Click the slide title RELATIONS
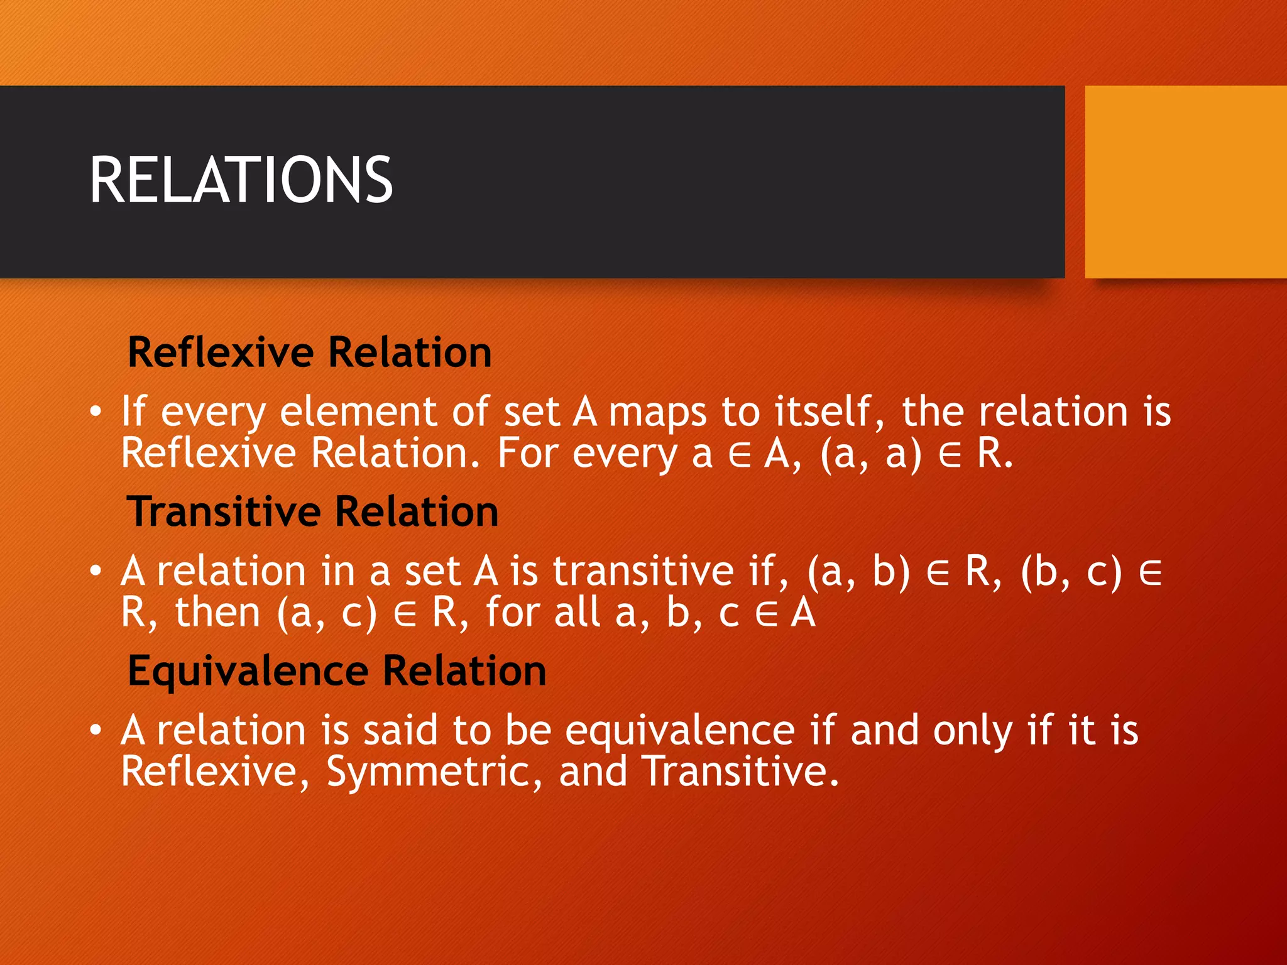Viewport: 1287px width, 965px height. click(241, 181)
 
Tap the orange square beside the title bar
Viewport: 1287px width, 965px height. click(1185, 182)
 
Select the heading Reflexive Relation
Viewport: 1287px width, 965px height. click(309, 352)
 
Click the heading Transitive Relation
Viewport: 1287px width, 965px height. click(312, 511)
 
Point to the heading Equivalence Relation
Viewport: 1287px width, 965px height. click(337, 671)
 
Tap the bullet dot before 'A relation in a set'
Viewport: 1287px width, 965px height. click(95, 572)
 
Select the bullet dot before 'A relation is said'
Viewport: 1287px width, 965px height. click(95, 731)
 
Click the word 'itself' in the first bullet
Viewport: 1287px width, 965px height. click(821, 412)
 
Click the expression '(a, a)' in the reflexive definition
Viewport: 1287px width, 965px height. click(870, 454)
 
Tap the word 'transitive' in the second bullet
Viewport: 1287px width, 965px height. click(643, 572)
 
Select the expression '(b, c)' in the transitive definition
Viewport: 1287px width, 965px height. click(1071, 572)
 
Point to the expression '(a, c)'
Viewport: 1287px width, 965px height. click(327, 613)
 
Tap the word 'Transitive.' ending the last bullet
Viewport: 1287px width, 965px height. click(741, 771)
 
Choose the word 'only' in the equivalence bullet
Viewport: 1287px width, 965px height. click(972, 732)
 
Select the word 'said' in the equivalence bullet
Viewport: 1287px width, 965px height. click(400, 731)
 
